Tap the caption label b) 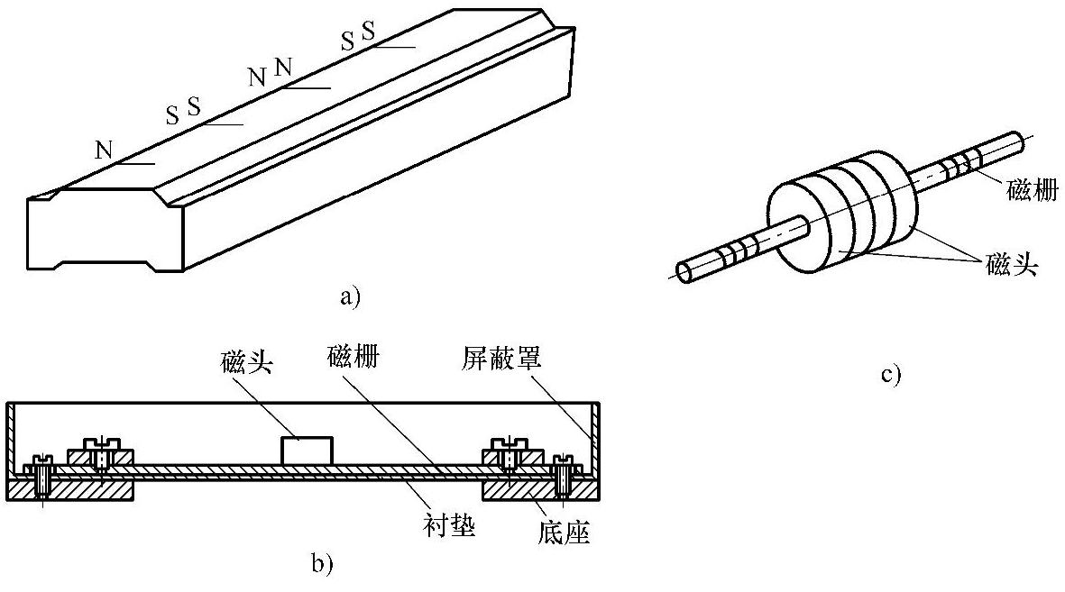(x=322, y=564)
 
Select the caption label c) (x=891, y=372)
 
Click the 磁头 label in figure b (x=246, y=361)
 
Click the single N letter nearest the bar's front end (x=105, y=149)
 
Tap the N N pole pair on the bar (x=271, y=70)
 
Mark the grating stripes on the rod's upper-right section (x=958, y=165)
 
